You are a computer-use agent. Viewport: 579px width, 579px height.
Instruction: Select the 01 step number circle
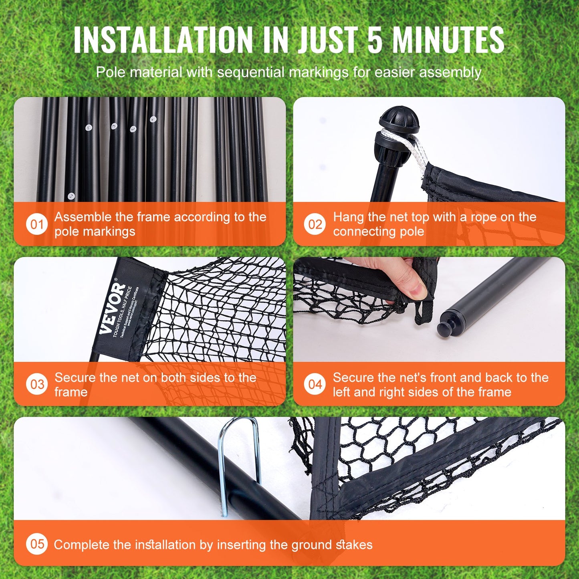point(37,224)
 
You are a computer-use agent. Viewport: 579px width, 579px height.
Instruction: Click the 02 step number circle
point(315,224)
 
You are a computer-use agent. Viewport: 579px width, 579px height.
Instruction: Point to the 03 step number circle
point(37,384)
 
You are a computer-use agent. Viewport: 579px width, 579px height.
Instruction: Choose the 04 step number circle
point(315,384)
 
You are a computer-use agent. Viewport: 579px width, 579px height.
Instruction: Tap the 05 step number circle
point(37,544)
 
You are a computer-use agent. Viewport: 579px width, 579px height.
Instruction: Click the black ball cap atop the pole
point(399,119)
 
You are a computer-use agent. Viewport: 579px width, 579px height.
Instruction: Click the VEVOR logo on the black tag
point(113,308)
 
